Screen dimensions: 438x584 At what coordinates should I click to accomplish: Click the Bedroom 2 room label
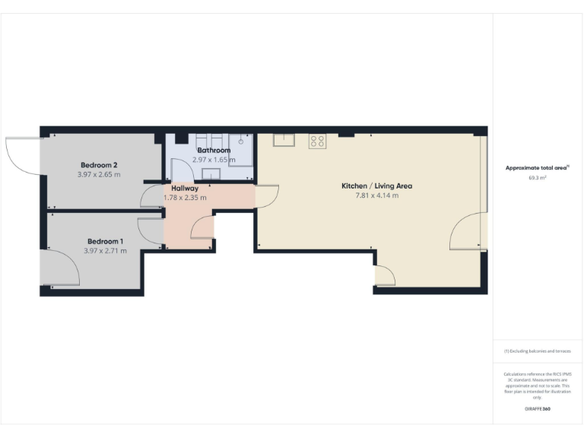[x=99, y=165]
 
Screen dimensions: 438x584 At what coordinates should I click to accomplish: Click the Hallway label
[x=185, y=188]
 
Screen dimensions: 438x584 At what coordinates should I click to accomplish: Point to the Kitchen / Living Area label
[x=376, y=186]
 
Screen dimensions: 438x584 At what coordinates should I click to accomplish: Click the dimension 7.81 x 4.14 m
[x=376, y=195]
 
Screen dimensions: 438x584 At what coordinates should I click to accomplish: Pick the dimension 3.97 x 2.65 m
[x=99, y=175]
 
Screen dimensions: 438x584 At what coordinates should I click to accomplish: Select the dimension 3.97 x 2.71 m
[x=106, y=251]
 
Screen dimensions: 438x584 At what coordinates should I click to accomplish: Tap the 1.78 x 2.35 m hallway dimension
[x=185, y=198]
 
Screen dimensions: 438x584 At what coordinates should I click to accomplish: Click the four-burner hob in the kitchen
[x=317, y=141]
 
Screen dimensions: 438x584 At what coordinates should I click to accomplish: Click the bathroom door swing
[x=181, y=170]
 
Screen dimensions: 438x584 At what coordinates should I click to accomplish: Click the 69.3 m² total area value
[x=538, y=177]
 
